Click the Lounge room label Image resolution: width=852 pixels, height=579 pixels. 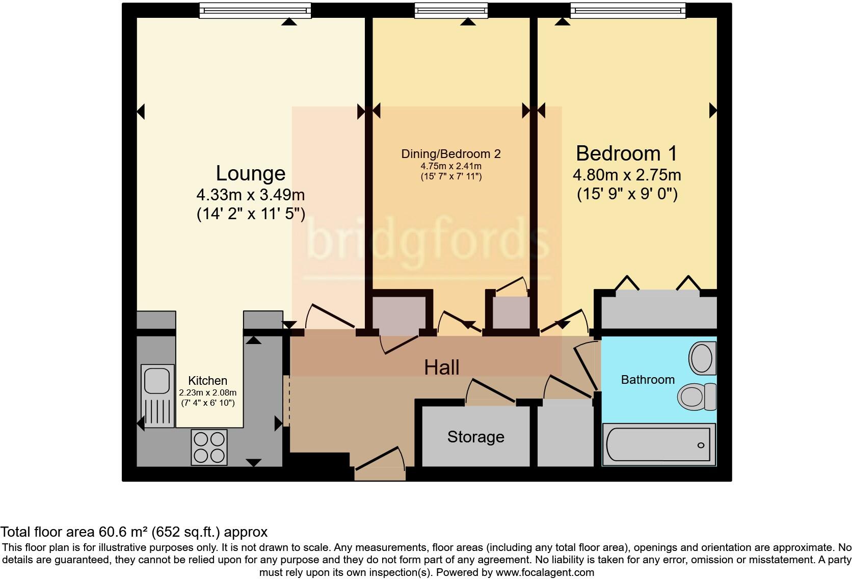pos(250,174)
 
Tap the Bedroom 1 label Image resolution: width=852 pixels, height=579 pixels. pos(626,153)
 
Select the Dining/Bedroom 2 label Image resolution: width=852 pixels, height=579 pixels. pos(451,154)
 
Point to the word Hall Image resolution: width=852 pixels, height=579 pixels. pos(442,367)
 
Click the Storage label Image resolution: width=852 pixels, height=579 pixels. pos(475,437)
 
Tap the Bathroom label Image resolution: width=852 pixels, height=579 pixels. pos(648,380)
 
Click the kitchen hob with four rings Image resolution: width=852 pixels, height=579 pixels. pos(209,448)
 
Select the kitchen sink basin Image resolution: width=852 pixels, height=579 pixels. pos(157,380)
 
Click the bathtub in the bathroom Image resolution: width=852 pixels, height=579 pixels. pos(658,444)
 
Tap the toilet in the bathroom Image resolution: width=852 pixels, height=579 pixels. pos(696,396)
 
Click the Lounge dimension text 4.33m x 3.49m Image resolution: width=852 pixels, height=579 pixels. pos(250,195)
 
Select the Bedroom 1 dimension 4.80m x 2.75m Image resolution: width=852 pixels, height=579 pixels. pos(627,175)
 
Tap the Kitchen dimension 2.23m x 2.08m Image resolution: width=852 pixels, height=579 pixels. pos(207,393)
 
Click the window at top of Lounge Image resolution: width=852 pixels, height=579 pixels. pos(255,10)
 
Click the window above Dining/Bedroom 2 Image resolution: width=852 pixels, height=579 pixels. pos(451,10)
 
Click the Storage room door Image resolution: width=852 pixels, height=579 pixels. pos(492,391)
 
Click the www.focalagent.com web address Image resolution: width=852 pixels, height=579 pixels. pos(545,572)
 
